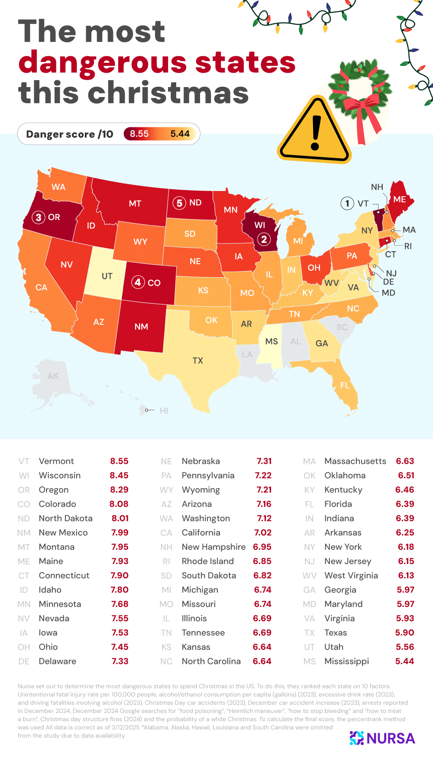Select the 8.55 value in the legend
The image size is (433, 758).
(139, 134)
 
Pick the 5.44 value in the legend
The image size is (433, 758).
(180, 134)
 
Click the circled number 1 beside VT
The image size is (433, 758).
(347, 203)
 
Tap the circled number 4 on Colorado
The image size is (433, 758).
(138, 282)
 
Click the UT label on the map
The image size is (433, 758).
(107, 276)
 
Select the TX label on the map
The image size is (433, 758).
(198, 360)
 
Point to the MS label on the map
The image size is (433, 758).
(271, 341)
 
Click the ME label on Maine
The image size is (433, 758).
(400, 199)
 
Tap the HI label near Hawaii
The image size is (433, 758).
(164, 411)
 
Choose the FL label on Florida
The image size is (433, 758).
(345, 385)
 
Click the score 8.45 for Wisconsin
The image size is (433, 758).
(119, 475)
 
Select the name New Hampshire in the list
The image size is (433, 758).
(213, 547)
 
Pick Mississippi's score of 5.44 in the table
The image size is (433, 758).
(404, 661)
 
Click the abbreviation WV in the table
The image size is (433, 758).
(309, 576)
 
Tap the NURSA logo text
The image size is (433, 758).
(391, 738)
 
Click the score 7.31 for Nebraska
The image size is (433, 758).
(264, 461)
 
